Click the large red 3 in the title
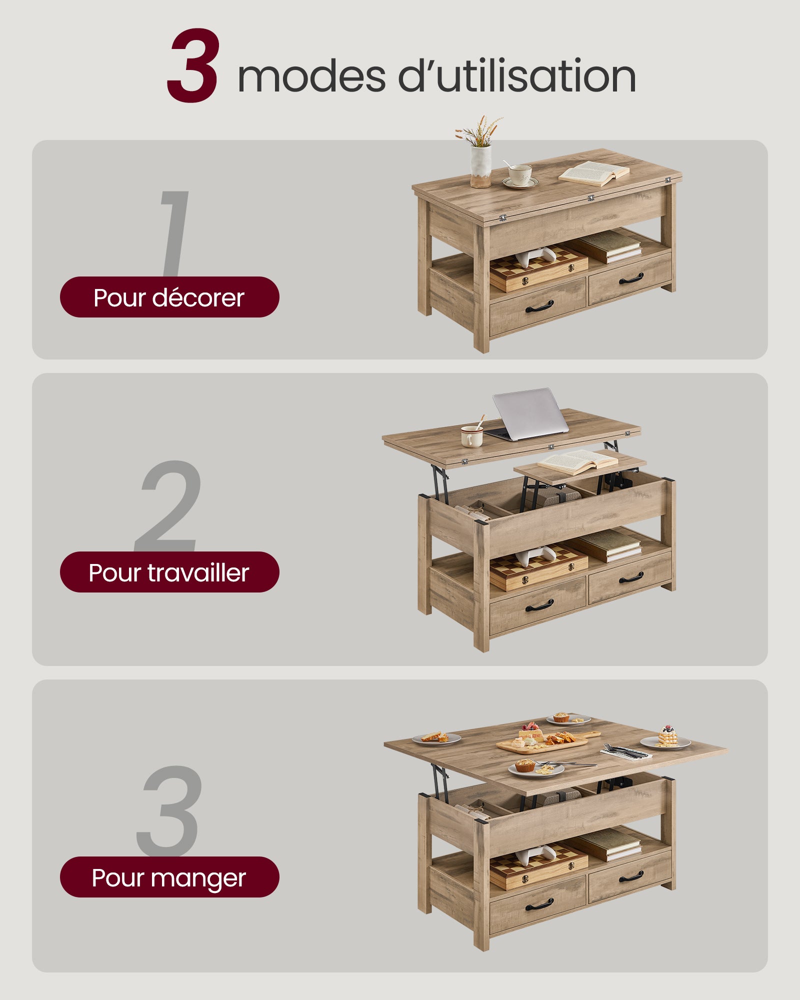click(x=193, y=66)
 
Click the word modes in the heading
click(x=311, y=76)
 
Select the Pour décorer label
click(x=169, y=297)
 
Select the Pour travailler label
click(x=169, y=572)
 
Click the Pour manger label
click(x=169, y=877)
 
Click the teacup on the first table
click(x=520, y=175)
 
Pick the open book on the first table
click(x=594, y=173)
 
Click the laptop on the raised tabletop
click(x=529, y=415)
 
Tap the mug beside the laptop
click(x=471, y=436)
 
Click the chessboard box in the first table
click(x=538, y=272)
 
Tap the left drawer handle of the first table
click(x=539, y=306)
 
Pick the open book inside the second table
click(x=577, y=461)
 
